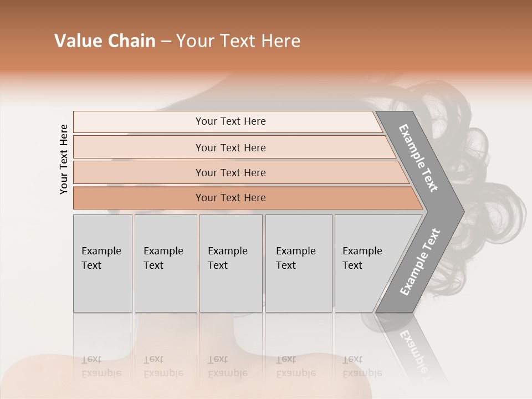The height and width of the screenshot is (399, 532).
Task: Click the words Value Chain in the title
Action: (x=105, y=41)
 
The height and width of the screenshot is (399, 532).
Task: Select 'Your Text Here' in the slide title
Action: (x=238, y=41)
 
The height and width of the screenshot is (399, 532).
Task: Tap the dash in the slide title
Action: (x=166, y=42)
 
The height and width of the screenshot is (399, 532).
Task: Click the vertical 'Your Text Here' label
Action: (x=64, y=159)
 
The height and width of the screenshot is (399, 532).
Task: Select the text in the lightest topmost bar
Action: (x=231, y=121)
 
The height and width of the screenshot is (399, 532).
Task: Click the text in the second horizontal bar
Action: (x=231, y=147)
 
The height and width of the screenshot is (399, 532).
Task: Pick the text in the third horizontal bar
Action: (x=231, y=172)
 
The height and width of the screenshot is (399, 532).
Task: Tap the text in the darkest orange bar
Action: (x=231, y=197)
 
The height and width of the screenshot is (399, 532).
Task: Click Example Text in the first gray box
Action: (x=101, y=258)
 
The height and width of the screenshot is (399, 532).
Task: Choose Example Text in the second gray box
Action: (x=163, y=258)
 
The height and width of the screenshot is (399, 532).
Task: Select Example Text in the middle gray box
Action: (x=227, y=258)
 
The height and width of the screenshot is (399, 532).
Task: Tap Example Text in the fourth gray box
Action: (x=295, y=258)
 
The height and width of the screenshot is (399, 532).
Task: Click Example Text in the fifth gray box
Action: (x=362, y=258)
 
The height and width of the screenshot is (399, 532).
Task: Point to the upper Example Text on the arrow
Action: (x=418, y=158)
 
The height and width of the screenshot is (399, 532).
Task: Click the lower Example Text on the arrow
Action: (x=420, y=262)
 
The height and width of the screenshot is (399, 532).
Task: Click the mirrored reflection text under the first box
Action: (x=101, y=366)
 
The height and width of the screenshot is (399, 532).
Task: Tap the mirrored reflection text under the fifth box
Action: (x=362, y=366)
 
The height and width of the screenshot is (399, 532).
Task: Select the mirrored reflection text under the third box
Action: (x=227, y=366)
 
